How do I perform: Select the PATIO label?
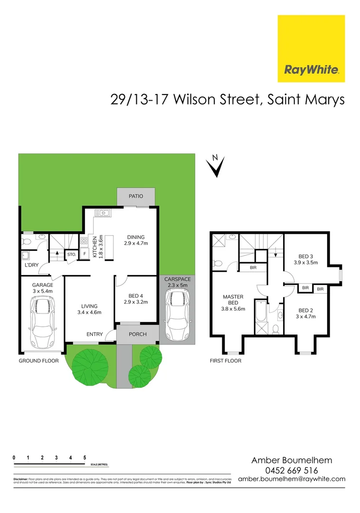(x=136, y=196)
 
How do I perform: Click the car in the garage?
(x=41, y=322)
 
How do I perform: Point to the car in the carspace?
(x=177, y=313)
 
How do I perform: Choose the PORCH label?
(x=138, y=334)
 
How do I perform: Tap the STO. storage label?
(x=71, y=255)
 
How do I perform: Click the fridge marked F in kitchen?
(x=85, y=254)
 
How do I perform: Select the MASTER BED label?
(x=233, y=300)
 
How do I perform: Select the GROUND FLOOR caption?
(x=38, y=361)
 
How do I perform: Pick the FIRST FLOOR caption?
(x=226, y=361)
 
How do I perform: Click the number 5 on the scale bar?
(x=85, y=457)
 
